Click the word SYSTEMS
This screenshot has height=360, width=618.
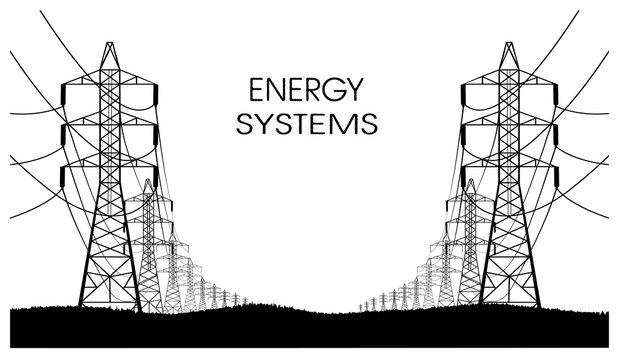tap(302, 124)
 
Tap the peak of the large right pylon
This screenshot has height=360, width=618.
tap(511, 43)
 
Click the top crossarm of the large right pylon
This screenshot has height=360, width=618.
tap(511, 88)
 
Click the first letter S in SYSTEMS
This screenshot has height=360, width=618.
tap(240, 124)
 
